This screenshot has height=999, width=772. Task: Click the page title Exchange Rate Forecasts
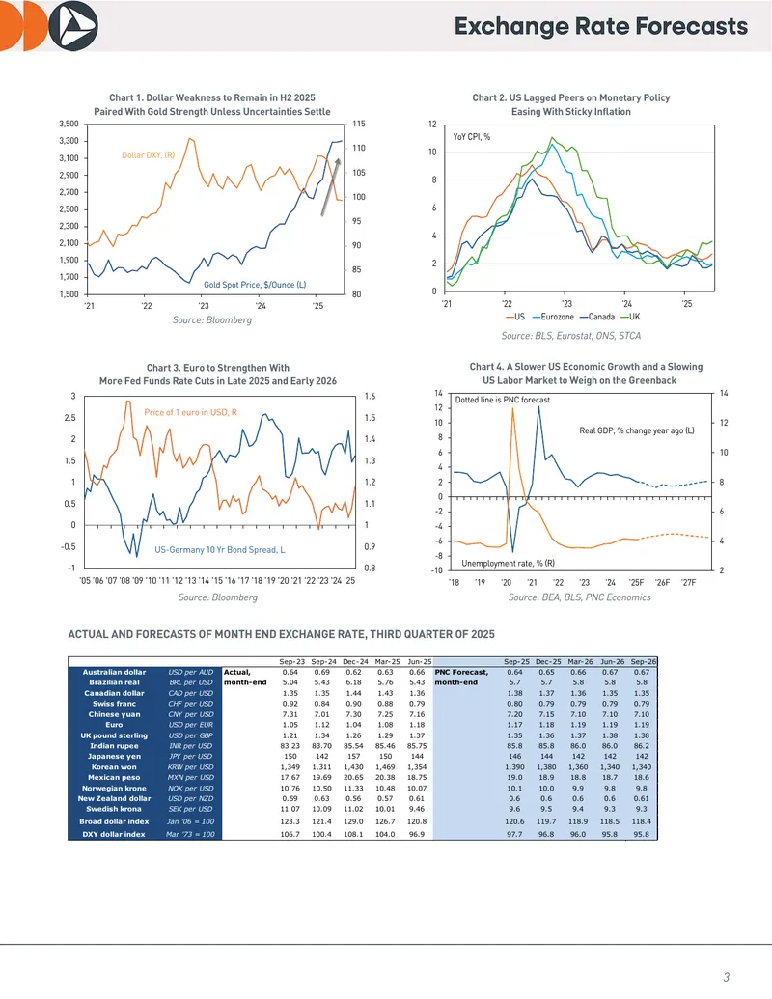point(600,26)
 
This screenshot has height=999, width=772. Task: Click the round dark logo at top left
point(73,26)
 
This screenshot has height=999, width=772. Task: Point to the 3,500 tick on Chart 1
point(69,124)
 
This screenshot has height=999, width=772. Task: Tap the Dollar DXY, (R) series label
point(148,154)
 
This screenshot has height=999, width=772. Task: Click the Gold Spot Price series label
point(255,284)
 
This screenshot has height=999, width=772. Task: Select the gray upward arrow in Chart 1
point(330,186)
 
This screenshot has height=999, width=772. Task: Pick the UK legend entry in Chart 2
point(630,317)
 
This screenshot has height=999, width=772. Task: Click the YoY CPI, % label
point(471,136)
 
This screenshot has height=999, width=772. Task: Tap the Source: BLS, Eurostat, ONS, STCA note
point(570,336)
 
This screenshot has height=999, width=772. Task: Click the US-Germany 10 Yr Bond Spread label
point(220,549)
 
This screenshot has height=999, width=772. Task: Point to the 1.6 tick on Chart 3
point(370,397)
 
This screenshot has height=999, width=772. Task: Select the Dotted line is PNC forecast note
point(502,400)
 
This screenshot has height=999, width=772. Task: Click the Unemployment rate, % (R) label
point(508,564)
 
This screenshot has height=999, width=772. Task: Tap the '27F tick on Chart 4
point(688,582)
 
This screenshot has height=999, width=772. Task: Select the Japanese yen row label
point(114,757)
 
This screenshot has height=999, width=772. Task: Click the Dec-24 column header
point(355,661)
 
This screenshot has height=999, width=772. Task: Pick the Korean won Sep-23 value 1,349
point(289,767)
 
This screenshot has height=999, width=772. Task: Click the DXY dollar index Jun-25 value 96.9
point(417,834)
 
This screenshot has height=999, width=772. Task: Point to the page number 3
point(726,977)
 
